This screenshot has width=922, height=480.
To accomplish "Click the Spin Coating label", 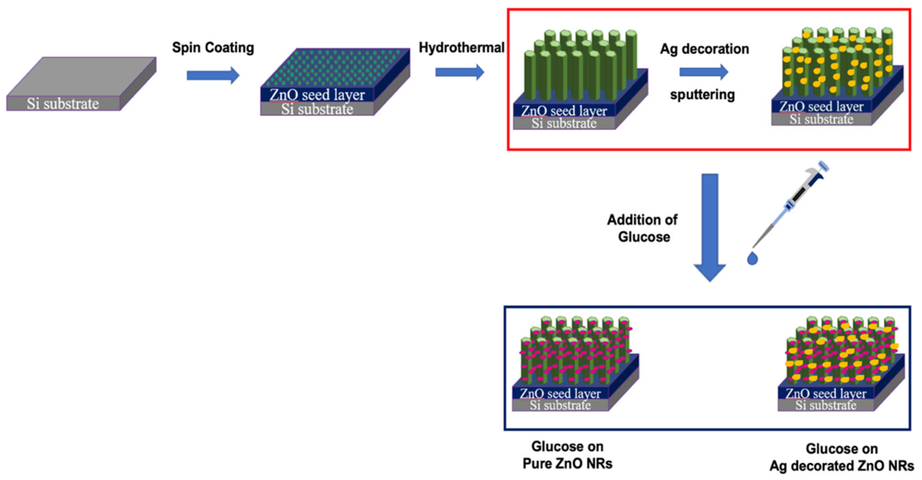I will [213, 47].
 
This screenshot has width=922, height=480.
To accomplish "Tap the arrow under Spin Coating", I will [213, 75].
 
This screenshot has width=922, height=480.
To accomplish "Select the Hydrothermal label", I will [461, 47].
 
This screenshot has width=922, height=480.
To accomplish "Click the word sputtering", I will [702, 95].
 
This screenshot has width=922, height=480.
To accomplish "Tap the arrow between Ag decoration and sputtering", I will [703, 72].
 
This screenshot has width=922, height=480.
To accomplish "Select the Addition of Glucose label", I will [643, 228].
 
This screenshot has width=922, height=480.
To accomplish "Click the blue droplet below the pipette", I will [752, 258].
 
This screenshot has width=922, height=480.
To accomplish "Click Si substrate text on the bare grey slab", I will [63, 104].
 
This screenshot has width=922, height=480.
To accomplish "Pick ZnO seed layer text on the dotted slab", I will [317, 95].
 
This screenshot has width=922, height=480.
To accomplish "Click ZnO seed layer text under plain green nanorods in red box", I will [564, 111].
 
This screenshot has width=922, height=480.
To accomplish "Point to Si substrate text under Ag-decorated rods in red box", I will [821, 119].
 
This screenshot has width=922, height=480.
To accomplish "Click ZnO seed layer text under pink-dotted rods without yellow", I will [560, 394].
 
